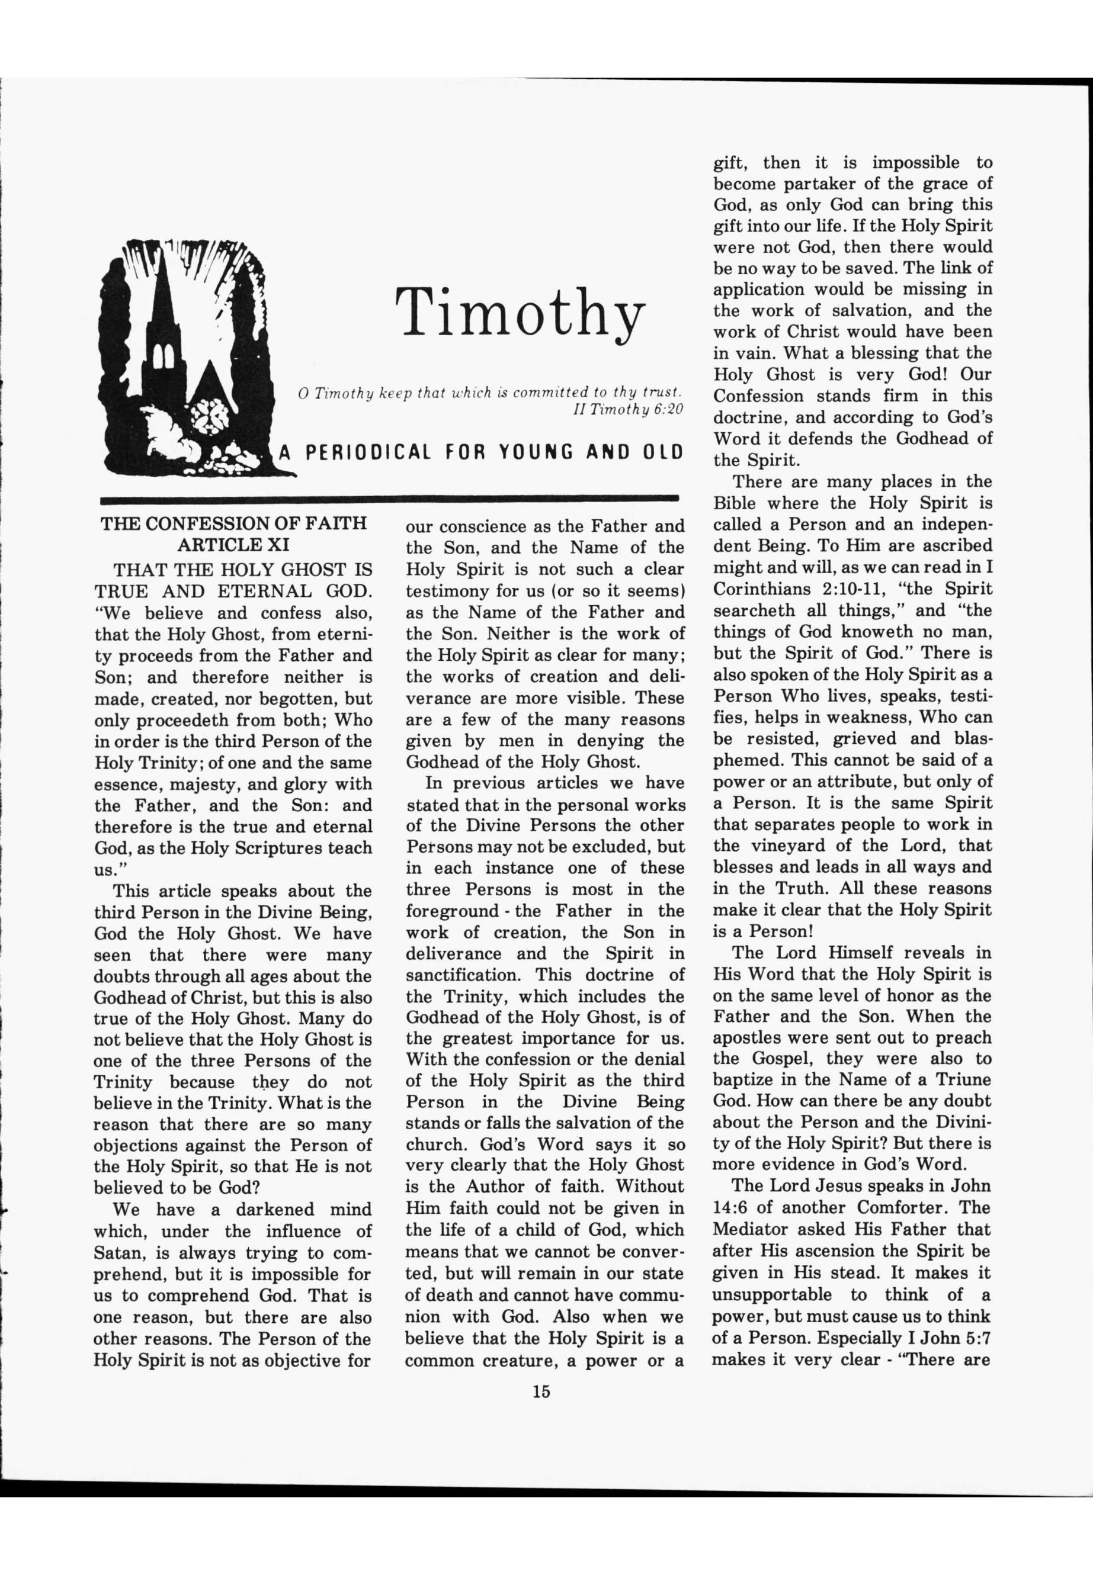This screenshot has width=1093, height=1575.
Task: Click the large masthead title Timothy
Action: tap(521, 311)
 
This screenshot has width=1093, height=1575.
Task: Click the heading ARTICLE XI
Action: tap(233, 545)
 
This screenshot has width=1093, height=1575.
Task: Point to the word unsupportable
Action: tap(772, 1294)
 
